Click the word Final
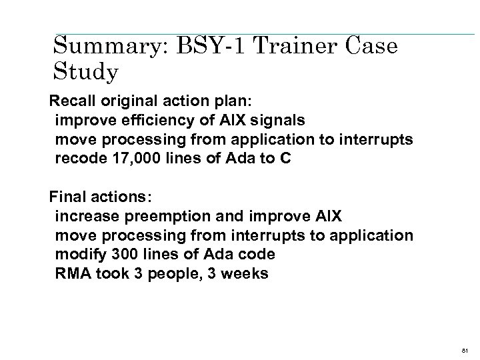[x=66, y=198]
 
